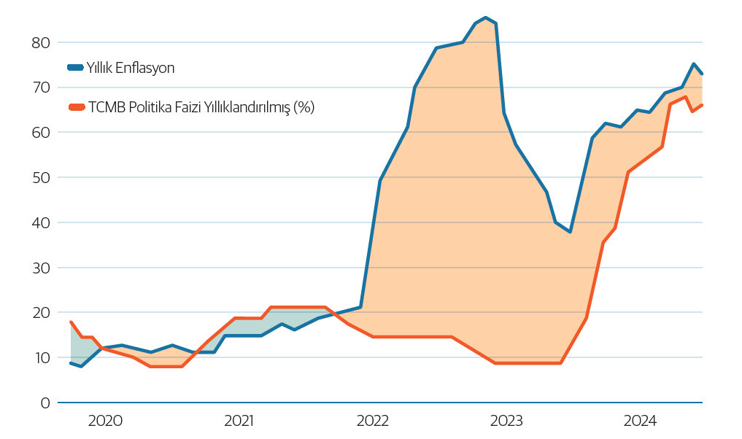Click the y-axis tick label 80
point(40,42)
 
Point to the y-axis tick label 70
point(40,88)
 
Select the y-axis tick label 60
point(40,133)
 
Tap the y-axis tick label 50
point(40,178)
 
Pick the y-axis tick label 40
point(40,222)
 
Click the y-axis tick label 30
point(40,268)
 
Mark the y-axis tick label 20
point(40,313)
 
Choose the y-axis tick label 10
point(40,358)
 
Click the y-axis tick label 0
point(45,403)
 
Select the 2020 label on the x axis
point(104,421)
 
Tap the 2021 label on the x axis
point(239,421)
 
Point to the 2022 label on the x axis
point(372,421)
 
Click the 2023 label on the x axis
point(506,421)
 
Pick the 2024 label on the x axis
point(640,421)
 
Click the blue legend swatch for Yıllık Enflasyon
point(75,68)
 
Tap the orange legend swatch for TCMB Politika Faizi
point(75,107)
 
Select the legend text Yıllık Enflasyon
point(131,68)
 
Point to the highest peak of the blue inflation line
point(486,18)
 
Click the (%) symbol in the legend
point(304,107)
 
